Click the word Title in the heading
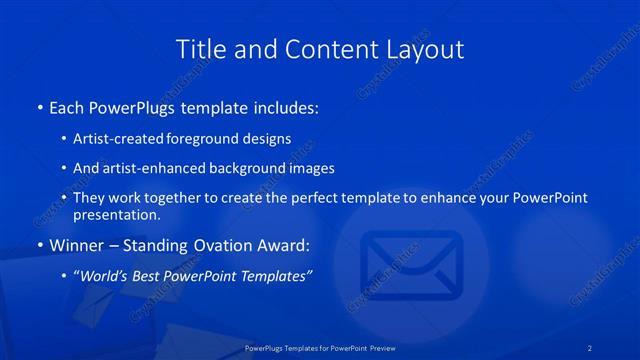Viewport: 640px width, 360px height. [200, 49]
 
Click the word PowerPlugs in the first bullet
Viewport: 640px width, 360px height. [137, 106]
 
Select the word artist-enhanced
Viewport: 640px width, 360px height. [158, 168]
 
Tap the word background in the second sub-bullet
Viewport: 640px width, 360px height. [258, 168]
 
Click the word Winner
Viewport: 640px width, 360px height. [76, 245]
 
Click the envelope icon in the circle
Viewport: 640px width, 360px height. [411, 262]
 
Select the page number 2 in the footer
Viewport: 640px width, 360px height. [590, 348]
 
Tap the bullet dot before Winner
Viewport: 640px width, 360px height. [39, 245]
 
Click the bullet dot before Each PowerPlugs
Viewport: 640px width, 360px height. [39, 106]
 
